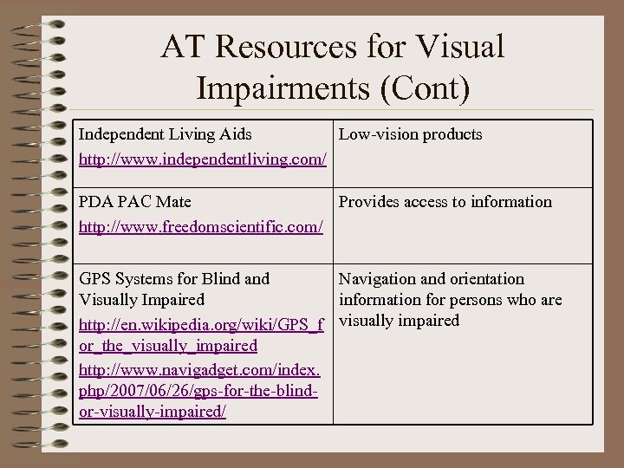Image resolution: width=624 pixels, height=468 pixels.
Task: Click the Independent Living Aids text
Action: tap(166, 134)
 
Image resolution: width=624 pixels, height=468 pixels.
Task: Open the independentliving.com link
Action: tap(203, 160)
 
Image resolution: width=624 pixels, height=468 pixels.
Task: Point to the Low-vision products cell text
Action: tap(410, 134)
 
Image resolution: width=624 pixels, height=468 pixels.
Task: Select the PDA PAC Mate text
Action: tap(135, 202)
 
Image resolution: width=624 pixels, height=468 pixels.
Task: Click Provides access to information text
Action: tap(445, 202)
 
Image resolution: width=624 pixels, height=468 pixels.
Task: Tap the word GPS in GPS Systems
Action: tap(94, 279)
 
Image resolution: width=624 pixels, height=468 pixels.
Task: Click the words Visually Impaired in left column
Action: tap(141, 300)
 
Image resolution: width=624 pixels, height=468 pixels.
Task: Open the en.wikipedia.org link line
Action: tap(201, 326)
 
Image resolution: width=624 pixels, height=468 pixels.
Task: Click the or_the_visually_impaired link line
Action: tap(168, 346)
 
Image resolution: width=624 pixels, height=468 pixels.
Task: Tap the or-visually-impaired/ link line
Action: tap(153, 413)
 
